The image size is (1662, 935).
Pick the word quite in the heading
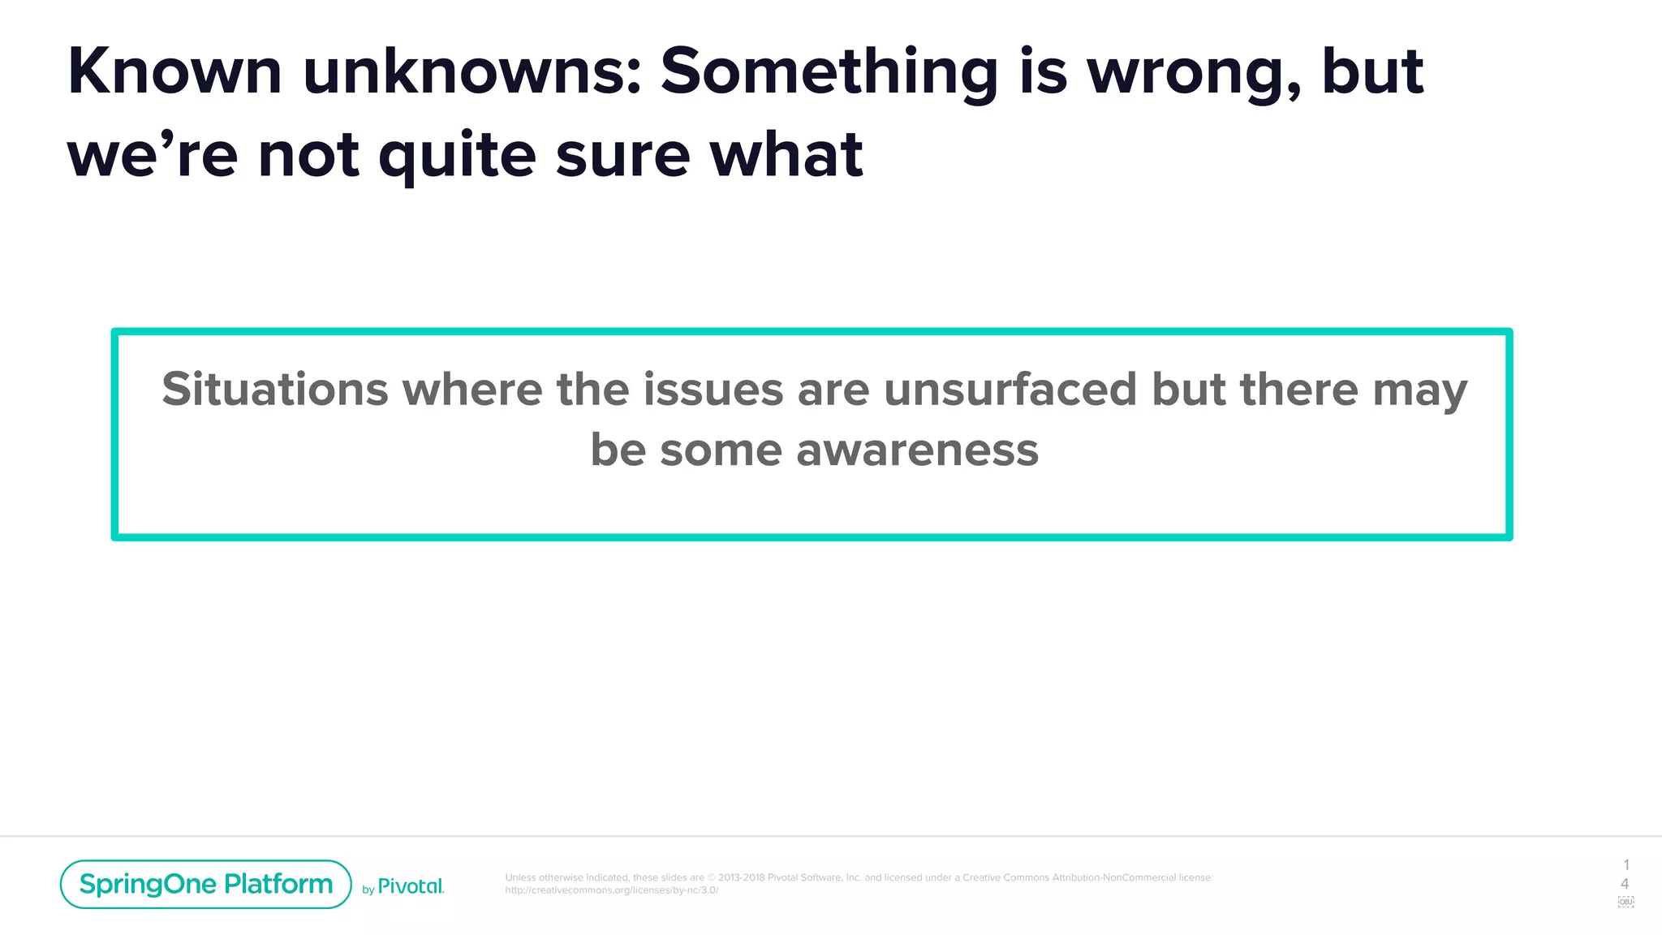[x=457, y=156]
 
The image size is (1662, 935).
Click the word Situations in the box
[x=275, y=389]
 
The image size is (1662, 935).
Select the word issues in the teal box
[x=713, y=389]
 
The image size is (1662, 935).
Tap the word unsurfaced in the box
[x=1010, y=389]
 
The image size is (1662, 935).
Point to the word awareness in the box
[x=917, y=450]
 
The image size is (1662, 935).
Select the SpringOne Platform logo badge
[x=205, y=884]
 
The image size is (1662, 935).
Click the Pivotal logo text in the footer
[x=411, y=886]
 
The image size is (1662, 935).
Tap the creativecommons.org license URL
[x=611, y=890]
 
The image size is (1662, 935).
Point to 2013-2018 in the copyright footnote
[x=741, y=877]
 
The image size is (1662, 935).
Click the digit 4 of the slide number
[x=1625, y=883]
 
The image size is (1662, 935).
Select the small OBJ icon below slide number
[x=1625, y=902]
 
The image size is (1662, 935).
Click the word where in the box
[x=472, y=389]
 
